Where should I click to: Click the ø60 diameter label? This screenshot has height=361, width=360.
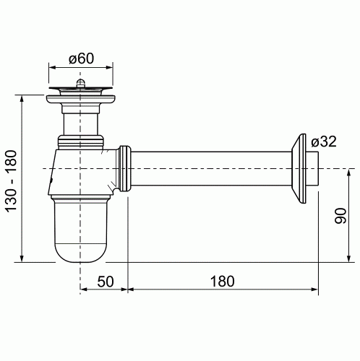tap(81, 58)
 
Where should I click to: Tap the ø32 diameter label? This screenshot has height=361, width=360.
tap(323, 142)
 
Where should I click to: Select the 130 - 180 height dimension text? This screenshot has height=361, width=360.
tap(12, 181)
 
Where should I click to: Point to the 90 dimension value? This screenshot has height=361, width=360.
tap(340, 216)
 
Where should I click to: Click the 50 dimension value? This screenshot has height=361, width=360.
tap(106, 281)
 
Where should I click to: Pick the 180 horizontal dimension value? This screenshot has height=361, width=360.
tap(222, 281)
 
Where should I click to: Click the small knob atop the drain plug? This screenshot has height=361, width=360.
tap(80, 83)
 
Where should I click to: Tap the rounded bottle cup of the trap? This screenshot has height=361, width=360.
tap(80, 230)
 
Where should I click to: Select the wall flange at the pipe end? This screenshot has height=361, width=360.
tap(299, 168)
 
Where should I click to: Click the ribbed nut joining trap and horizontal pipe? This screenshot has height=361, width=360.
tap(125, 168)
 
